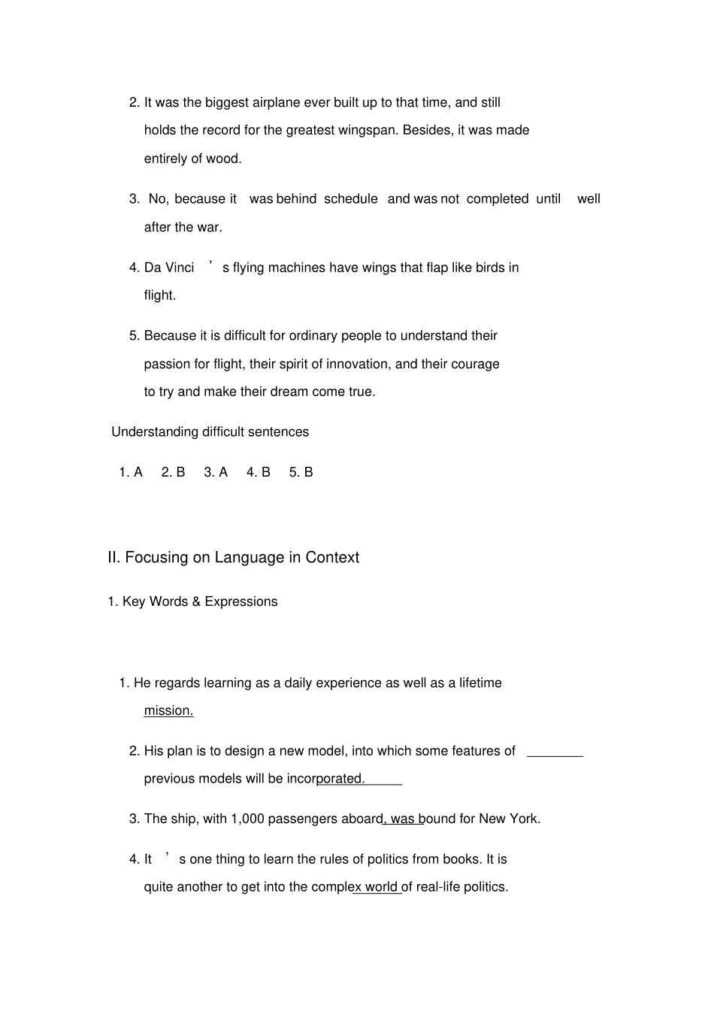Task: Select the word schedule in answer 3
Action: [350, 199]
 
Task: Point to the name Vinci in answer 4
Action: [180, 268]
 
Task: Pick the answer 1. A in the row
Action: [131, 472]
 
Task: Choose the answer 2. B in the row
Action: [173, 472]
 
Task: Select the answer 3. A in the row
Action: [216, 472]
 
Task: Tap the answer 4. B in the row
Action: [258, 472]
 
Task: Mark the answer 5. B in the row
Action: [301, 472]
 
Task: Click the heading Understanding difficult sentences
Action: [210, 432]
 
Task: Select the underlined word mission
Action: [168, 711]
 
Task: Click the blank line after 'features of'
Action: [555, 755]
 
